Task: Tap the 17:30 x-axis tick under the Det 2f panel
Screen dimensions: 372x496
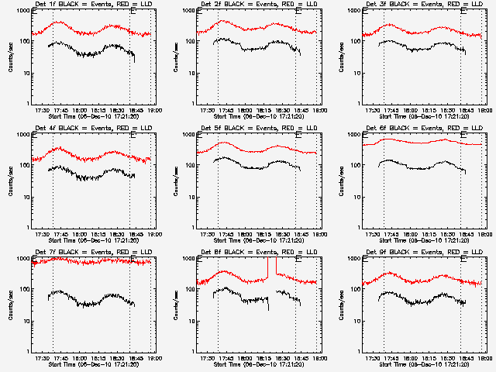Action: pos(207,109)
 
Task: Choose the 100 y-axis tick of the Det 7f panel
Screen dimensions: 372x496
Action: pos(25,290)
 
